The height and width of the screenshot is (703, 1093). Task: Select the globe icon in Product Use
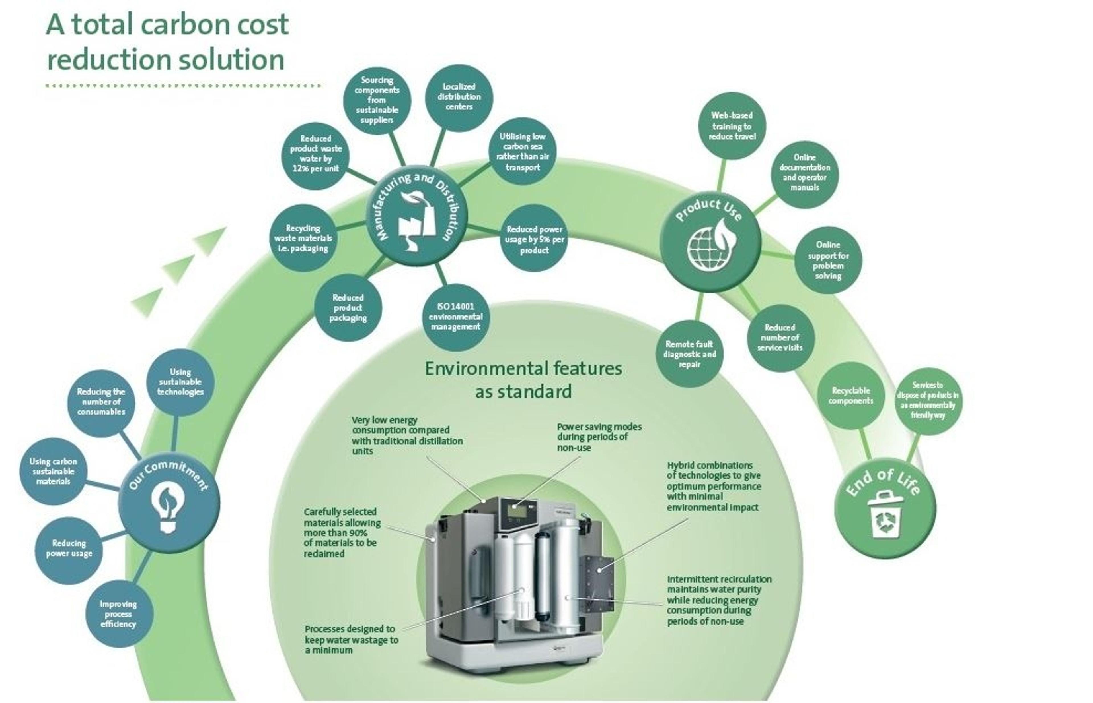coord(712,245)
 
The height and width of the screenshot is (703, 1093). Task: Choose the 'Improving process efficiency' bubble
coord(118,613)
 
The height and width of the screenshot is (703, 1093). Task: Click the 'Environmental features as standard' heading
coord(523,380)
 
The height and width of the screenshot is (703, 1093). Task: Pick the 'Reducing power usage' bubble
coord(69,548)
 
